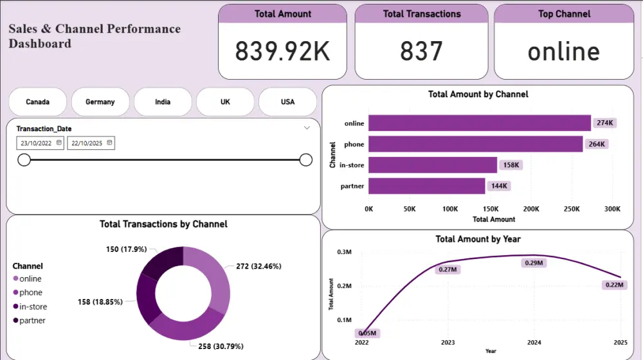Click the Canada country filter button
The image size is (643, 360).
(x=37, y=102)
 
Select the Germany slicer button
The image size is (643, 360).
(x=100, y=102)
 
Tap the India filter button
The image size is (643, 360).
(x=163, y=102)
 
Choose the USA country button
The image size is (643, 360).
(x=287, y=102)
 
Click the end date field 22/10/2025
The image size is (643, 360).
(x=91, y=143)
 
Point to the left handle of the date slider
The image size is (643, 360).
(x=24, y=159)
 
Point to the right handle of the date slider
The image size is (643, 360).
(x=306, y=159)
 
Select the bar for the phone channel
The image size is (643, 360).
(x=475, y=144)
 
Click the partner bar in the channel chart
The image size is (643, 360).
(x=426, y=186)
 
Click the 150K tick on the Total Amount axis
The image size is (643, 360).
(x=491, y=209)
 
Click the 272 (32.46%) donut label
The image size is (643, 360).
(x=258, y=265)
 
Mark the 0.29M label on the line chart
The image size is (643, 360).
(x=534, y=263)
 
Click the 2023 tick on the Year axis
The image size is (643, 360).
(x=448, y=343)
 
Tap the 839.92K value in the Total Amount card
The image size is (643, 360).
(x=282, y=51)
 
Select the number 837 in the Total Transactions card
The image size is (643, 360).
(x=421, y=51)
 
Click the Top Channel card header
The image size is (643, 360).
(x=563, y=14)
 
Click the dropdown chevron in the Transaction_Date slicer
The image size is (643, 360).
(x=307, y=129)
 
